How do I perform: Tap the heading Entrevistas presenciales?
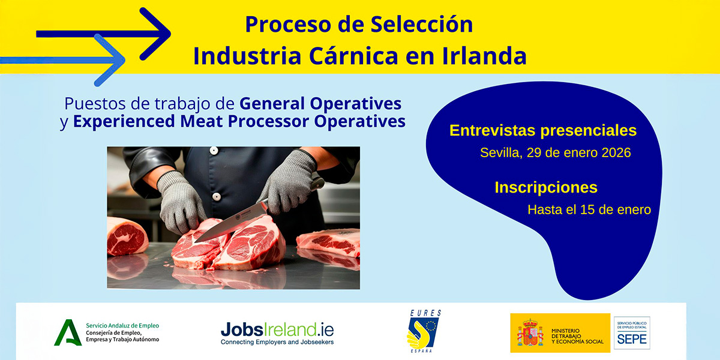click(543, 131)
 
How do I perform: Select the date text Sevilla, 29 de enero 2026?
click(555, 153)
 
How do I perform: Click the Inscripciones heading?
click(546, 187)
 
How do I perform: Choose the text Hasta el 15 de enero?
click(589, 210)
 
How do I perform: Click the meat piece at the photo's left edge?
click(126, 235)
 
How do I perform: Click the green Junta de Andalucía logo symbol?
click(68, 332)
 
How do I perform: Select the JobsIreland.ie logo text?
click(277, 329)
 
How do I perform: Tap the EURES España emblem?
click(424, 331)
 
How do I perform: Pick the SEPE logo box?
click(632, 332)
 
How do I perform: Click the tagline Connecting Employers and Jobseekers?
click(277, 342)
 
